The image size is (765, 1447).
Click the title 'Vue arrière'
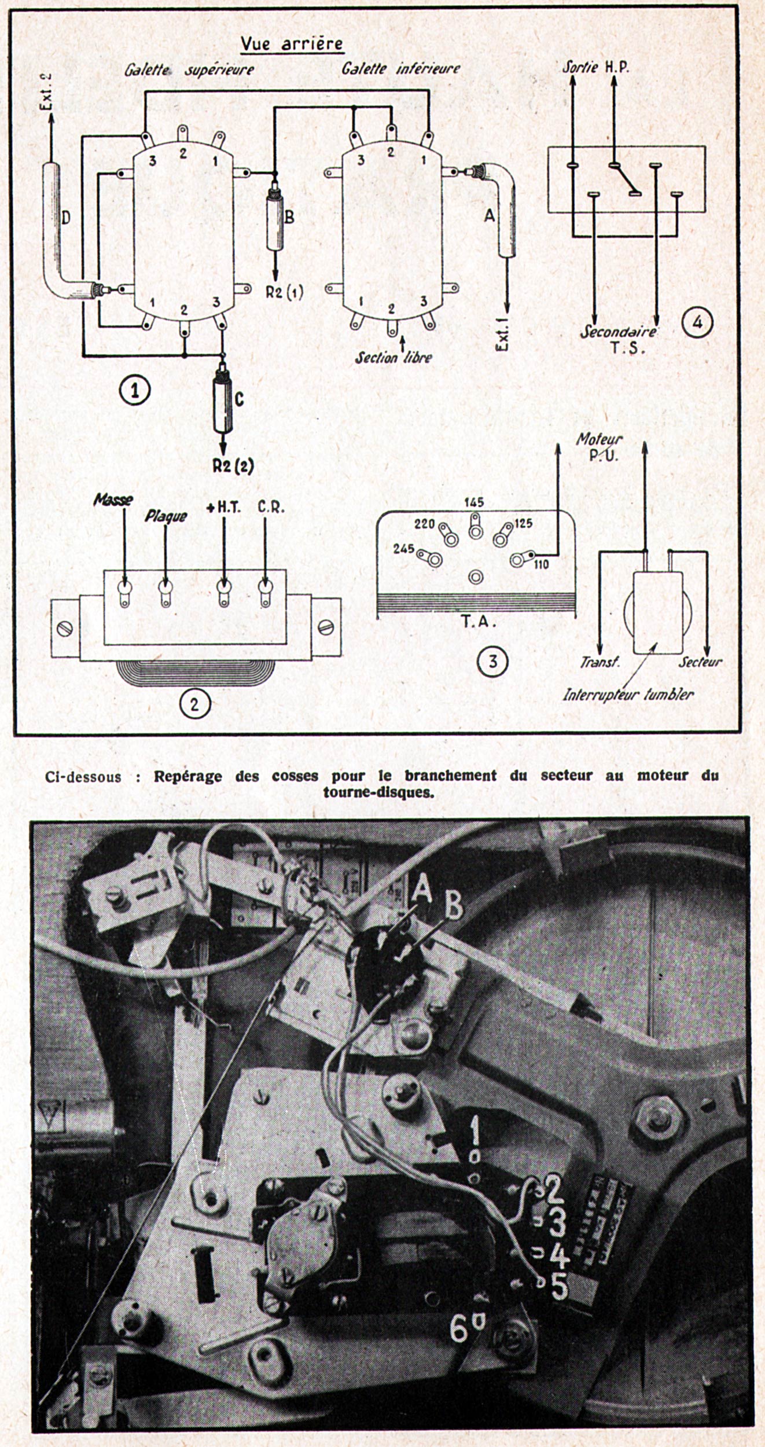(292, 43)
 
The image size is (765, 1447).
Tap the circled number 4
(697, 322)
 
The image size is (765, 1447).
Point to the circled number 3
(492, 661)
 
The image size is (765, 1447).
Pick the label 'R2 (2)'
(233, 466)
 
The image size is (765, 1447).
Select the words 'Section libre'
(393, 358)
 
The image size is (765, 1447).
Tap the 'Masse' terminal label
(113, 500)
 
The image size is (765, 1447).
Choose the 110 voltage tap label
(542, 564)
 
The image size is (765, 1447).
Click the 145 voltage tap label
(474, 502)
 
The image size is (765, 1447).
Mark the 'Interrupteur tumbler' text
(628, 695)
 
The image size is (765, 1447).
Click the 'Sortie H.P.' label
(595, 67)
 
